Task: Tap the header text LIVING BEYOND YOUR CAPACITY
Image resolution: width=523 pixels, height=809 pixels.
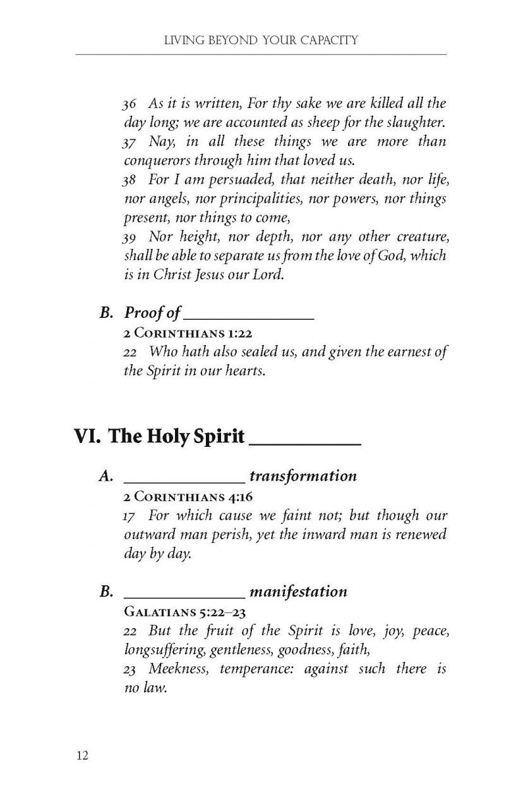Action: point(261,41)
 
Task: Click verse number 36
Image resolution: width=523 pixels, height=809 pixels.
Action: point(130,104)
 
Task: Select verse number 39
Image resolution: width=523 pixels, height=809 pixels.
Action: point(130,237)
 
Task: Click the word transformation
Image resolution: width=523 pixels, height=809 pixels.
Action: point(303,476)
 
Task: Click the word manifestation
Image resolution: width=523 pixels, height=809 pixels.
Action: point(298,592)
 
